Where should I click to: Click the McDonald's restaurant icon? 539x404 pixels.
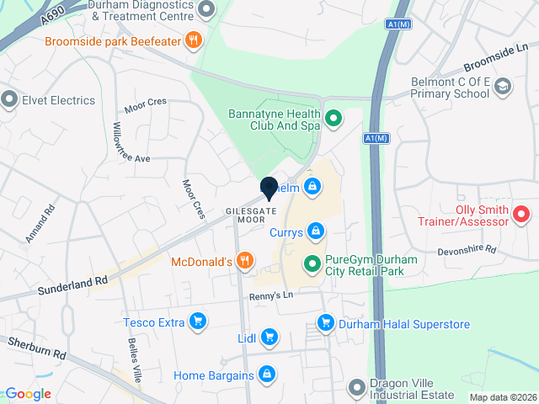245,261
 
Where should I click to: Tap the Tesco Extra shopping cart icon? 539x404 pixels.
198,321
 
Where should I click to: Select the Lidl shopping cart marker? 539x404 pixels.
269,338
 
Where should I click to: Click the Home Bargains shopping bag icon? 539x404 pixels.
266,374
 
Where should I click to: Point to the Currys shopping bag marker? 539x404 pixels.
315,230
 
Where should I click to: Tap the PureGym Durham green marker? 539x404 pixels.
312,265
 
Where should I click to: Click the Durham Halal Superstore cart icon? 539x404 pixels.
325,322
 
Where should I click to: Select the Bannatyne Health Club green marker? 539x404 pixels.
333,119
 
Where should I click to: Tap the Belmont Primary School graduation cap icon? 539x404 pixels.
503,87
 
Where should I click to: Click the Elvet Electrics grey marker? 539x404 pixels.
10,100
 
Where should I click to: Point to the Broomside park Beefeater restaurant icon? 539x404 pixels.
194,40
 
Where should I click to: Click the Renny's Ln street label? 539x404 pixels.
270,296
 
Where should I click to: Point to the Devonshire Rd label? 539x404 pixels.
467,251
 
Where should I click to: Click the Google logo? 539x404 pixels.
28,393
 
